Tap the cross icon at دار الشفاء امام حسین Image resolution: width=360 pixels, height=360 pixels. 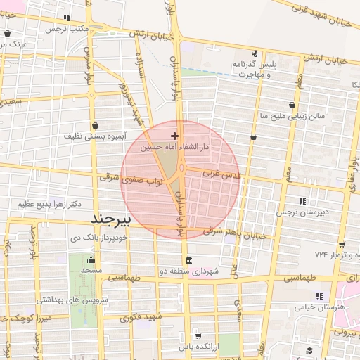[174, 135]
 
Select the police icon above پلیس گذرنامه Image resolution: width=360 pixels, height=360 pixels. [254, 53]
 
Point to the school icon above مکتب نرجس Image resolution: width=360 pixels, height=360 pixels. [67, 18]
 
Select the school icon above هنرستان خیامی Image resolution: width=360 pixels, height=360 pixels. [318, 296]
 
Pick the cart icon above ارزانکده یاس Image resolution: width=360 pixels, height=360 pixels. [198, 335]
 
